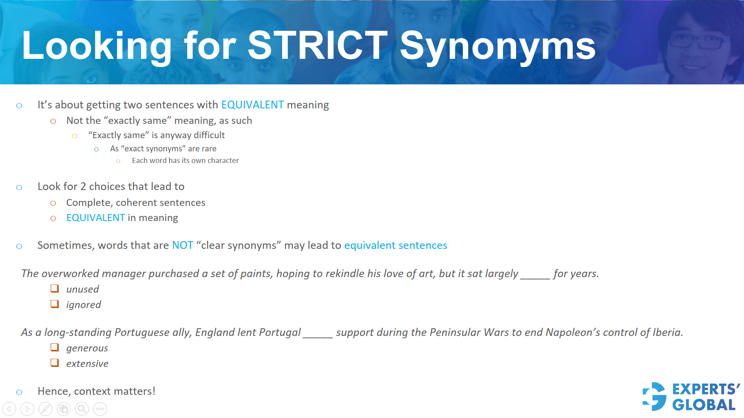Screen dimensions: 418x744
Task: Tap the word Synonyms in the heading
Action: coord(498,46)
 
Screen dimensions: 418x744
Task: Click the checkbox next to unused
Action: coord(55,288)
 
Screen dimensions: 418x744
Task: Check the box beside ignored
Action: coord(55,304)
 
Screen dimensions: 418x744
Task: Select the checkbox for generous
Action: coord(55,347)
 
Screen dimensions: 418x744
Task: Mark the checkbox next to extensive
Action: coord(55,363)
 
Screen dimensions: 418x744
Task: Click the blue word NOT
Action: coord(183,245)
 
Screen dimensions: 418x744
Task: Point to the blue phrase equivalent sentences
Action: coord(395,245)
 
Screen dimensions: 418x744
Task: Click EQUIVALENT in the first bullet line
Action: coord(252,105)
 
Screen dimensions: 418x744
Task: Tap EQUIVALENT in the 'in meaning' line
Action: coord(95,218)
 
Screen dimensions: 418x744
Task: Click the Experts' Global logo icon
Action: coord(654,396)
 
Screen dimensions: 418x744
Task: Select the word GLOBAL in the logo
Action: coord(704,405)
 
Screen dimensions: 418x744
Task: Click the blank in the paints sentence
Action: coord(535,275)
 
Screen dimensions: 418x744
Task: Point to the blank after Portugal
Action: coord(317,334)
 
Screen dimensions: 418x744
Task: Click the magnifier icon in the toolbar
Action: coord(82,409)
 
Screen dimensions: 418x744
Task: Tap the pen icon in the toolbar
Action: coord(45,409)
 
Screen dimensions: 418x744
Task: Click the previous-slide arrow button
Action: coord(9,409)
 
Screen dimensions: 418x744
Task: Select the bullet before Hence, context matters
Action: coord(19,392)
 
